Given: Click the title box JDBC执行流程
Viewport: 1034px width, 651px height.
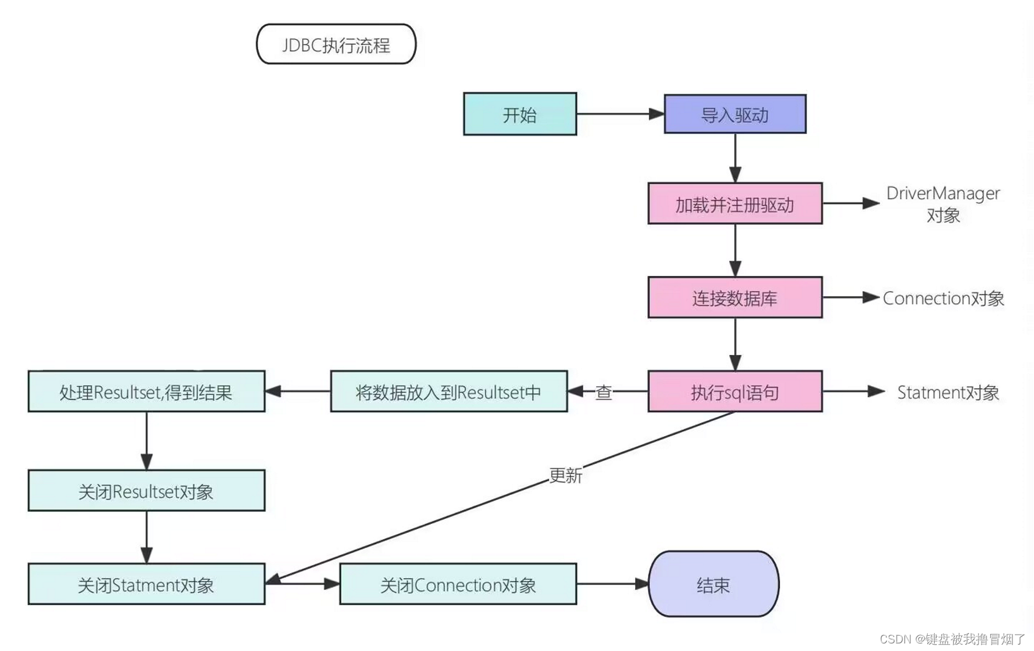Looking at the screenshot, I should click(x=336, y=44).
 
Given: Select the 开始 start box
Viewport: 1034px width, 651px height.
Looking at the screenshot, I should click(x=520, y=114).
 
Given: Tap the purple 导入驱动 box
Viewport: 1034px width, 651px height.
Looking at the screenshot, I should click(x=734, y=114).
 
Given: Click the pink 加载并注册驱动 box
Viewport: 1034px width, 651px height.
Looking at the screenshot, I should click(x=734, y=204).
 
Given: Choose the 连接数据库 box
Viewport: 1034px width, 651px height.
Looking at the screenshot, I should click(x=734, y=297).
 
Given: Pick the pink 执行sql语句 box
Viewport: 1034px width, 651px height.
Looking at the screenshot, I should click(x=734, y=392).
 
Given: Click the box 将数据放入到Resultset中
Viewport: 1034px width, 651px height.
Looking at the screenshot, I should click(x=448, y=392).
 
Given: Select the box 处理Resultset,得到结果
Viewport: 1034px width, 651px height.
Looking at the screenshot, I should click(x=146, y=392).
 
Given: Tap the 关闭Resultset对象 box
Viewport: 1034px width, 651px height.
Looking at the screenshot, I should click(x=146, y=490).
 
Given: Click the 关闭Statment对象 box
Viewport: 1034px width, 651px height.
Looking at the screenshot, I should click(x=146, y=584).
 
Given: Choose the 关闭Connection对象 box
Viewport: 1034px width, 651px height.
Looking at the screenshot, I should click(x=458, y=584).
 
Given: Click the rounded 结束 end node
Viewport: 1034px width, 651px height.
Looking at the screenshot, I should click(x=713, y=584).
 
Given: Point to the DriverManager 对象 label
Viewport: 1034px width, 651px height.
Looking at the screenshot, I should click(x=942, y=204).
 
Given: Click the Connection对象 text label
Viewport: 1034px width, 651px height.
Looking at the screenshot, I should click(x=942, y=298).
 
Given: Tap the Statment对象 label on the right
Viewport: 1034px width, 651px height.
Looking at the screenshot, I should click(x=947, y=392).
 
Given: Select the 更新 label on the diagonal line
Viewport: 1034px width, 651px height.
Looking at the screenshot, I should click(x=565, y=475).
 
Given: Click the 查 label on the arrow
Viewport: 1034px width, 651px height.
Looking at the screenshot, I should click(x=604, y=392).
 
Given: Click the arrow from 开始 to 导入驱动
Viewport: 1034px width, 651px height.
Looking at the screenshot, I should click(x=619, y=114).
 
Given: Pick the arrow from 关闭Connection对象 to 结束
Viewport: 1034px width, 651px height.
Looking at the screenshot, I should click(x=612, y=584).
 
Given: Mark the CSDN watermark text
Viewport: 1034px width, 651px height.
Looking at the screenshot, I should click(x=952, y=639).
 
